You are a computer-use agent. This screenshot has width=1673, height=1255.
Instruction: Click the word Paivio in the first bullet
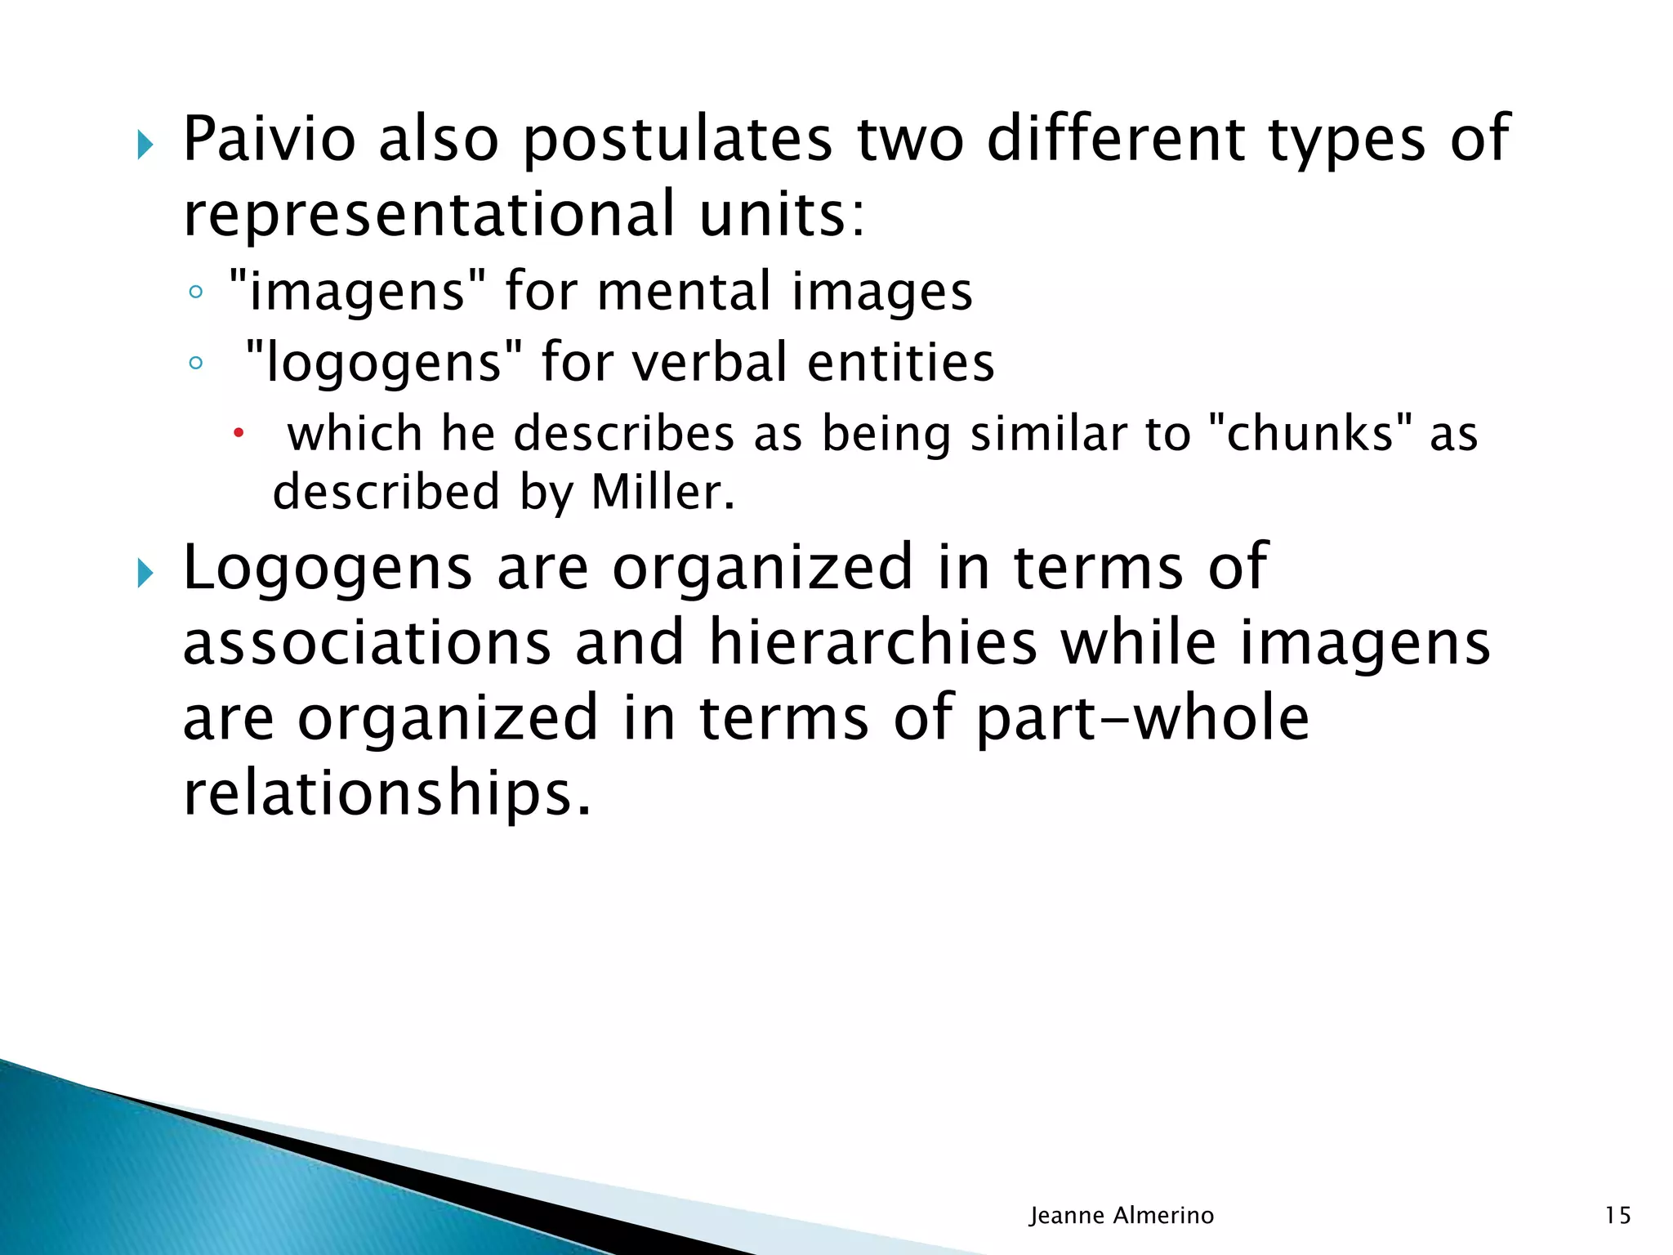pyautogui.click(x=269, y=140)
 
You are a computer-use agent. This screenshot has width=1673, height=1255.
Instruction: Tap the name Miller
pyautogui.click(x=663, y=493)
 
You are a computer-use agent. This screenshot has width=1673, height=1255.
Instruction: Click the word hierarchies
pyautogui.click(x=872, y=643)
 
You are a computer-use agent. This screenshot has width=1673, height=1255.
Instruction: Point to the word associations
pyautogui.click(x=367, y=643)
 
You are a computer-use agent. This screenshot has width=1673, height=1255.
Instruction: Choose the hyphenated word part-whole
pyautogui.click(x=1143, y=718)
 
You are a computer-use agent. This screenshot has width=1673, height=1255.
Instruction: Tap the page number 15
pyautogui.click(x=1617, y=1216)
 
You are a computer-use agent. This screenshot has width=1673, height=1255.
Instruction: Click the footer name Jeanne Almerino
pyautogui.click(x=1122, y=1216)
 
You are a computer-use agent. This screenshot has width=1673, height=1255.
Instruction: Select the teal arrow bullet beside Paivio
pyautogui.click(x=145, y=146)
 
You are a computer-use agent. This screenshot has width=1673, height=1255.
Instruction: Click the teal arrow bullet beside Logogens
pyautogui.click(x=145, y=574)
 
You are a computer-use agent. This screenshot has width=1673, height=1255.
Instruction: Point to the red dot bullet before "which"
pyautogui.click(x=239, y=433)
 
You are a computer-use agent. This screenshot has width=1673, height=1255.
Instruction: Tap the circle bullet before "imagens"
pyautogui.click(x=194, y=293)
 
